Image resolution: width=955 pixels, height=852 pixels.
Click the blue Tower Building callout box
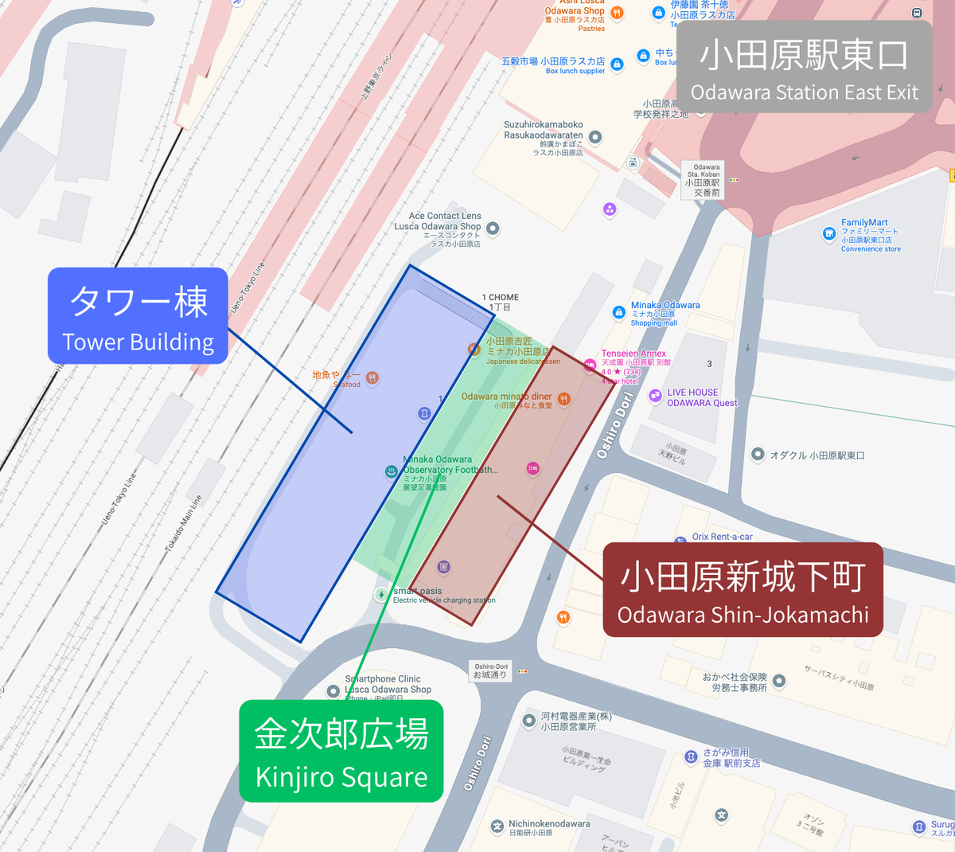tap(138, 316)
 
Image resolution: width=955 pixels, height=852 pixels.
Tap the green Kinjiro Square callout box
tap(341, 751)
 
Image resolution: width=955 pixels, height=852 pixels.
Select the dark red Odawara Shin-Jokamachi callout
tap(743, 590)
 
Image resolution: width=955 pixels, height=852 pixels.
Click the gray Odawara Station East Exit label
tap(804, 67)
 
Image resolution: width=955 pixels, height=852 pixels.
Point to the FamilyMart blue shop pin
tap(828, 233)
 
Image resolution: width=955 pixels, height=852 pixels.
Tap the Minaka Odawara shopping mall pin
tap(618, 313)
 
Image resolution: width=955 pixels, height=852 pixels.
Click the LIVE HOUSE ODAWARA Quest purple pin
tap(655, 396)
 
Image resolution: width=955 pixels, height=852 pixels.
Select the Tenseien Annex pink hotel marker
tap(590, 365)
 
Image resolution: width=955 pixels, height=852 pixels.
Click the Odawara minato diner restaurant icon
tap(563, 399)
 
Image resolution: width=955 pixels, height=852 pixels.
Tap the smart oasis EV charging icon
tap(382, 595)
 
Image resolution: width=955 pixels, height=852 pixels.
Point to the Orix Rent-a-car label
tap(722, 537)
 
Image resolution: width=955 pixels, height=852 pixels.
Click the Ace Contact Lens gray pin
tap(493, 229)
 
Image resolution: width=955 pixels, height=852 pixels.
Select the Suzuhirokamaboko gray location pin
tap(595, 137)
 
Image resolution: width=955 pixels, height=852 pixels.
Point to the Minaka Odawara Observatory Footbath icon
tap(391, 471)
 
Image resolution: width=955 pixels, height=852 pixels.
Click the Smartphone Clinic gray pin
tap(334, 691)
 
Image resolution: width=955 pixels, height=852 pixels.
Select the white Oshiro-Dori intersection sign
tap(491, 670)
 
